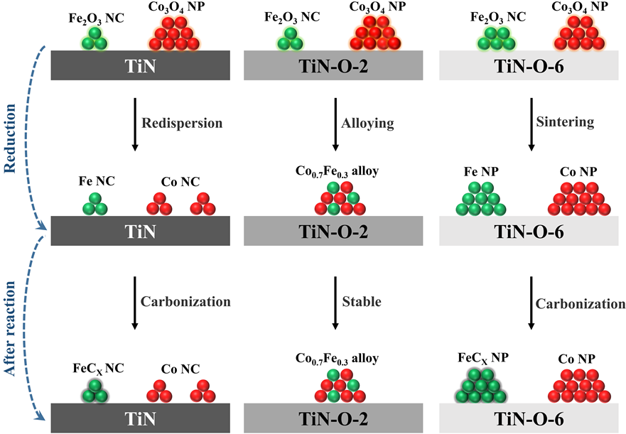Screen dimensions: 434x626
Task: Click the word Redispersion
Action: pos(183,123)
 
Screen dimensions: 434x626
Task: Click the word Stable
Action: pos(362,302)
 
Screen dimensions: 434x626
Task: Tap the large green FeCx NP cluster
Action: pos(481,383)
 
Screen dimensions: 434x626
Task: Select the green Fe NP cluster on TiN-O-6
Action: pos(480,200)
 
